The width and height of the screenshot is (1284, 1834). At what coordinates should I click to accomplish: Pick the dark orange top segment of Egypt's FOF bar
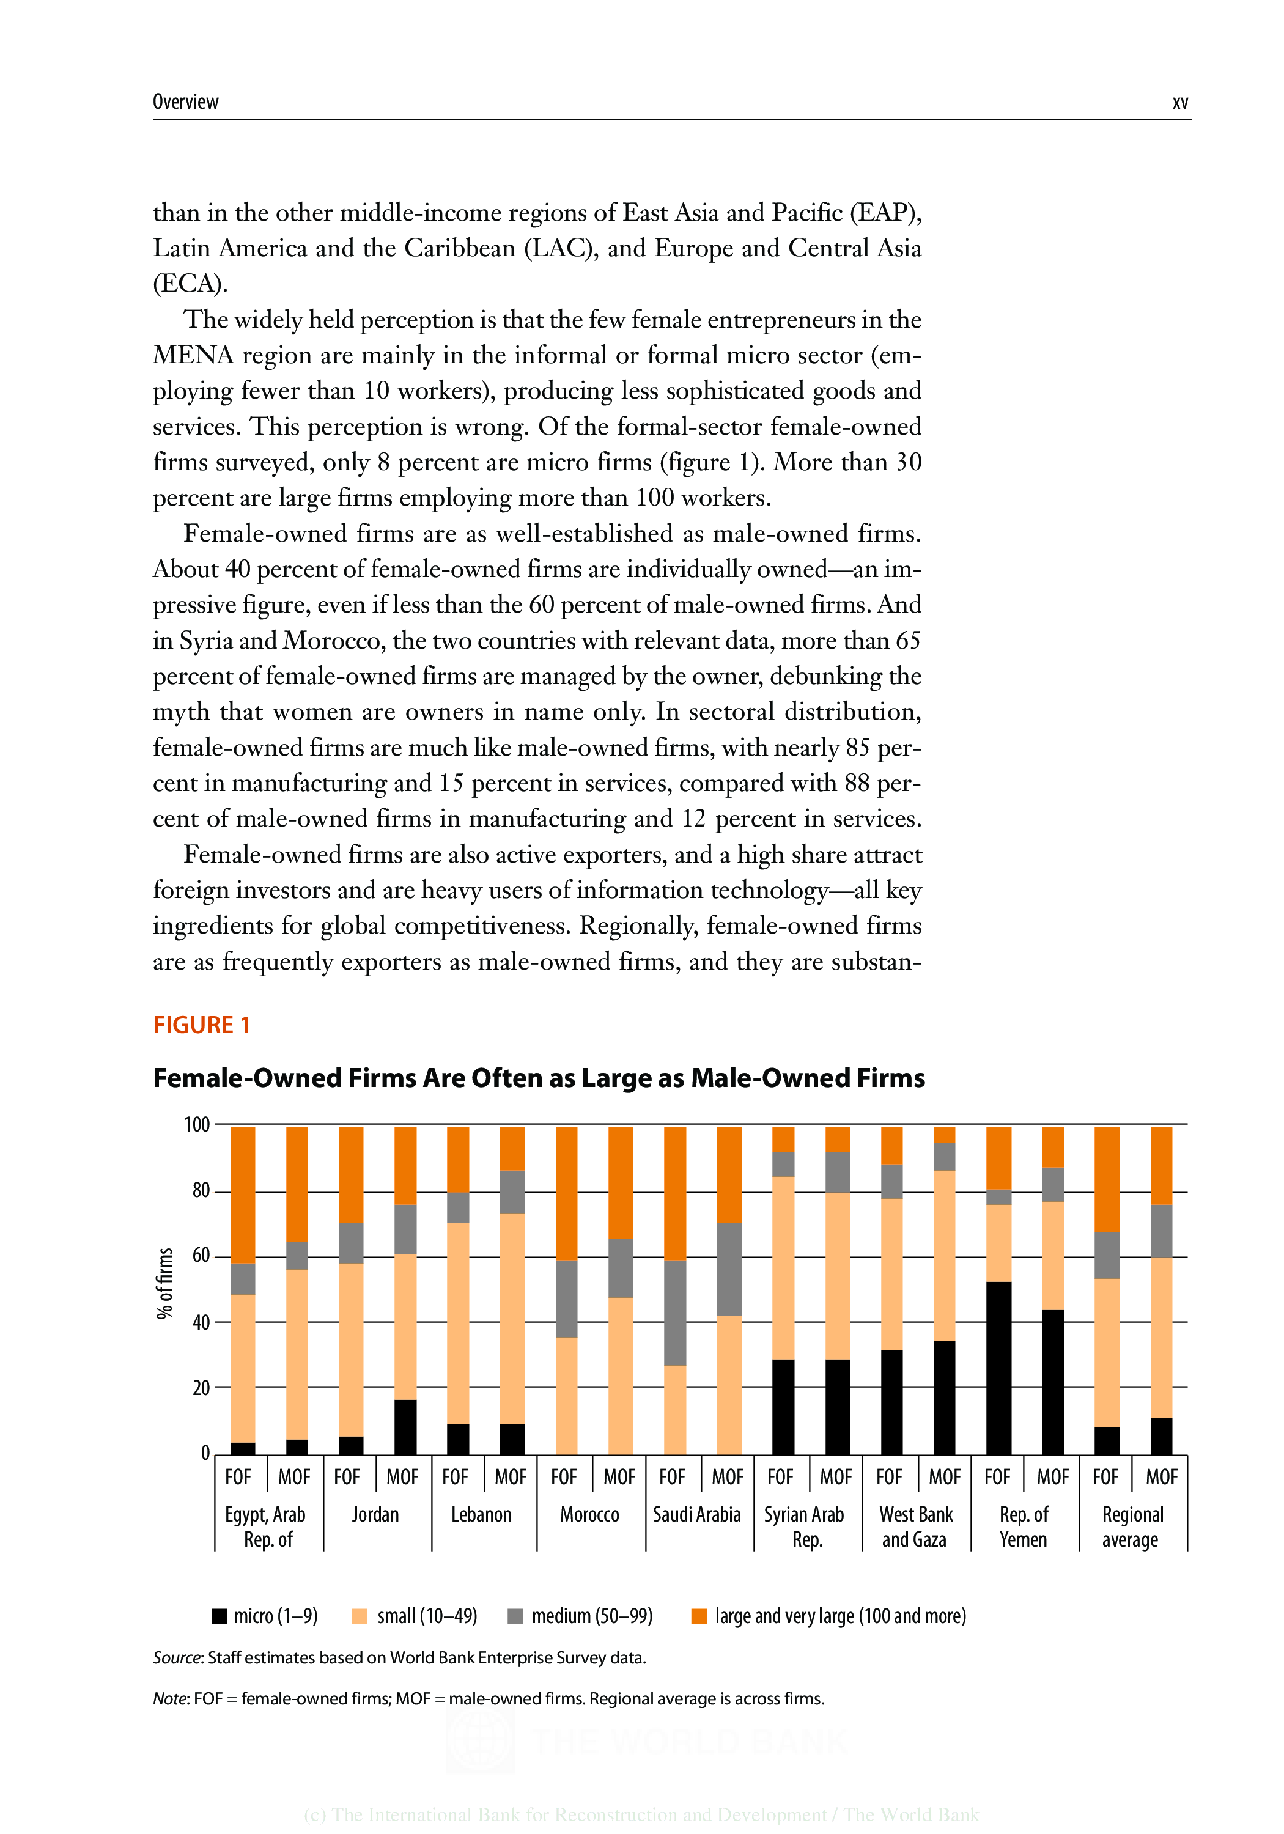[242, 1194]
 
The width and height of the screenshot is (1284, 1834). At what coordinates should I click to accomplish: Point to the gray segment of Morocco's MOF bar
[620, 1269]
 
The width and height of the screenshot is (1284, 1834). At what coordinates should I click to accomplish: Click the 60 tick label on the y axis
[201, 1256]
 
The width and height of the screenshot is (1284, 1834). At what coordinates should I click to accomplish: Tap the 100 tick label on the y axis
[196, 1125]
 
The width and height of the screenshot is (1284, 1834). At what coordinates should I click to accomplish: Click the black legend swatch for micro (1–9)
[219, 1616]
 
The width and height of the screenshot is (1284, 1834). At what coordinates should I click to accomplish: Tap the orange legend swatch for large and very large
[698, 1616]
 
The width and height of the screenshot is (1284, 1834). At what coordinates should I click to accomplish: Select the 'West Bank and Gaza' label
[916, 1526]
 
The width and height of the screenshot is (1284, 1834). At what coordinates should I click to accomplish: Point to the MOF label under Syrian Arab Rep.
[836, 1477]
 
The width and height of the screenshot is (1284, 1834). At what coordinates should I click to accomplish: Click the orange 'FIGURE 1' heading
[201, 1025]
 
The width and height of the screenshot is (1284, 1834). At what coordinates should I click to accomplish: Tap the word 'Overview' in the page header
[185, 102]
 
